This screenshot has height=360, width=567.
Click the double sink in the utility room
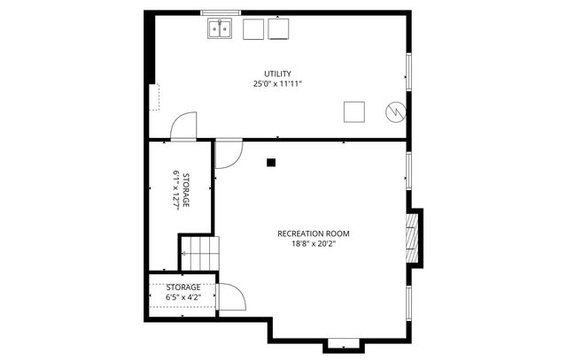221,29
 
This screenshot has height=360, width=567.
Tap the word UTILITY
277,73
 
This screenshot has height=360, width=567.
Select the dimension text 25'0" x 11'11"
277,84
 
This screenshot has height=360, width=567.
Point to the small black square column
271,162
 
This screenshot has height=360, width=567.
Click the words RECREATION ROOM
313,234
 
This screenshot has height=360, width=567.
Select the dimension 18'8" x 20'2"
313,244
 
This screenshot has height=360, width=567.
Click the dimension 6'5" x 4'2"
183,297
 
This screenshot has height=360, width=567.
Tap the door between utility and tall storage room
183,126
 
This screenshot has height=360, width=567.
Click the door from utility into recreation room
227,152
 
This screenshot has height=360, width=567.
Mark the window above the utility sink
221,12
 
